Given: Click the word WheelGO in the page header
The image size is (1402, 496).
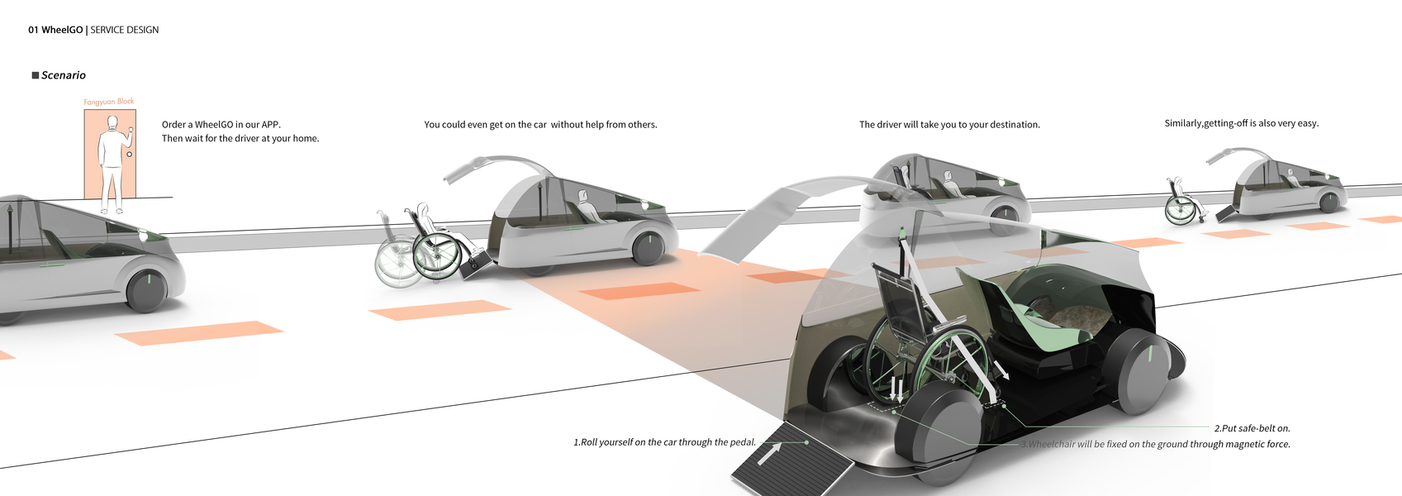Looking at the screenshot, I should tap(62, 30).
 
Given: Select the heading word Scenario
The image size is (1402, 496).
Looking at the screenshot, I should tap(64, 75).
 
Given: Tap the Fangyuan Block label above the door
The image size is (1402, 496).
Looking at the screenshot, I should tap(108, 102).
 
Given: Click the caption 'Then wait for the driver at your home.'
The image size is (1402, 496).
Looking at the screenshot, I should tap(240, 139).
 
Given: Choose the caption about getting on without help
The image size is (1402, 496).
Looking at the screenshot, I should tap(540, 125).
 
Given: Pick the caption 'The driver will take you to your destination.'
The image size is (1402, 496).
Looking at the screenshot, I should tap(949, 125).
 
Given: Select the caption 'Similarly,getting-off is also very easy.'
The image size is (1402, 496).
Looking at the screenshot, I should tap(1241, 123).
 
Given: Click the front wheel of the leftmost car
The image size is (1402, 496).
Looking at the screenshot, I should tap(147, 289).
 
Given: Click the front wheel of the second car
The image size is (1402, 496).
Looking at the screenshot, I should tap(648, 246).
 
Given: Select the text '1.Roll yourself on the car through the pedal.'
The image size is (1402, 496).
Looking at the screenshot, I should tap(664, 442).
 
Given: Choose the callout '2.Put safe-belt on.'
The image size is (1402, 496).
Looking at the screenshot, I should tap(1252, 428).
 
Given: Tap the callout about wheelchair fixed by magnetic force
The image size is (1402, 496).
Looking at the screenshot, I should tap(1157, 444).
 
